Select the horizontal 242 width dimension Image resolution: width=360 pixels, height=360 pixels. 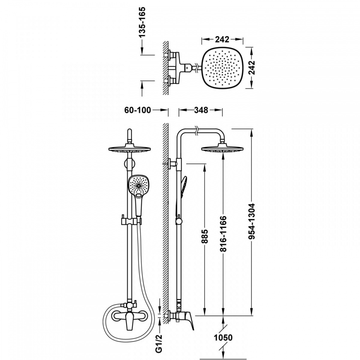pos(222,39)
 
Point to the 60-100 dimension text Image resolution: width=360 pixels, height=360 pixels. pos(137,110)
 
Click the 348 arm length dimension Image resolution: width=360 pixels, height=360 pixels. pos(201,110)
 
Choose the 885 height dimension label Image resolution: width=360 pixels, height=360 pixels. pos(205,236)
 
